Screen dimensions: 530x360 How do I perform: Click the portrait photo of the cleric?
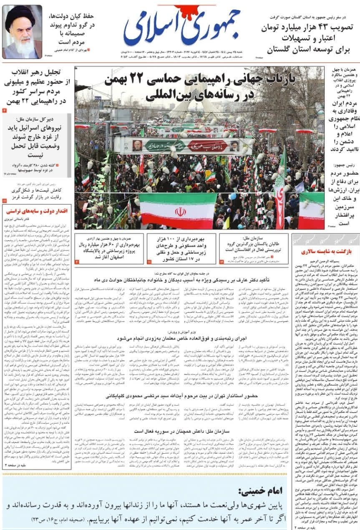[x=22, y=32]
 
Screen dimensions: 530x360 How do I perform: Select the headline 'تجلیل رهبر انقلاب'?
[x=38, y=72]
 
